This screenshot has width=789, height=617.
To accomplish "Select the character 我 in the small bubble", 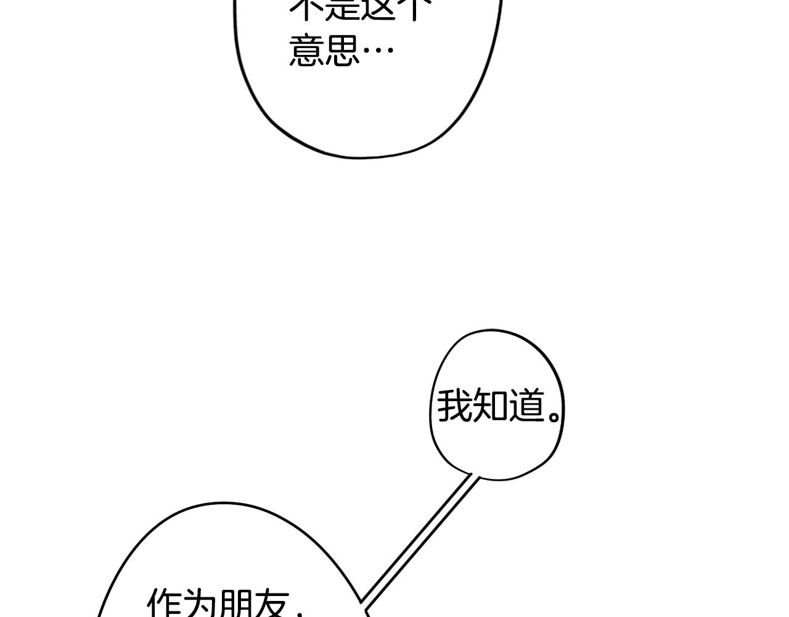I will [454, 407].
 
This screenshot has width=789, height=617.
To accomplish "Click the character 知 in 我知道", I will [491, 407].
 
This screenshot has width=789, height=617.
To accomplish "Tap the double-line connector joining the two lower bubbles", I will [419, 537].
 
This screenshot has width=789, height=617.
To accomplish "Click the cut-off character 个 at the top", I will [412, 7].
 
